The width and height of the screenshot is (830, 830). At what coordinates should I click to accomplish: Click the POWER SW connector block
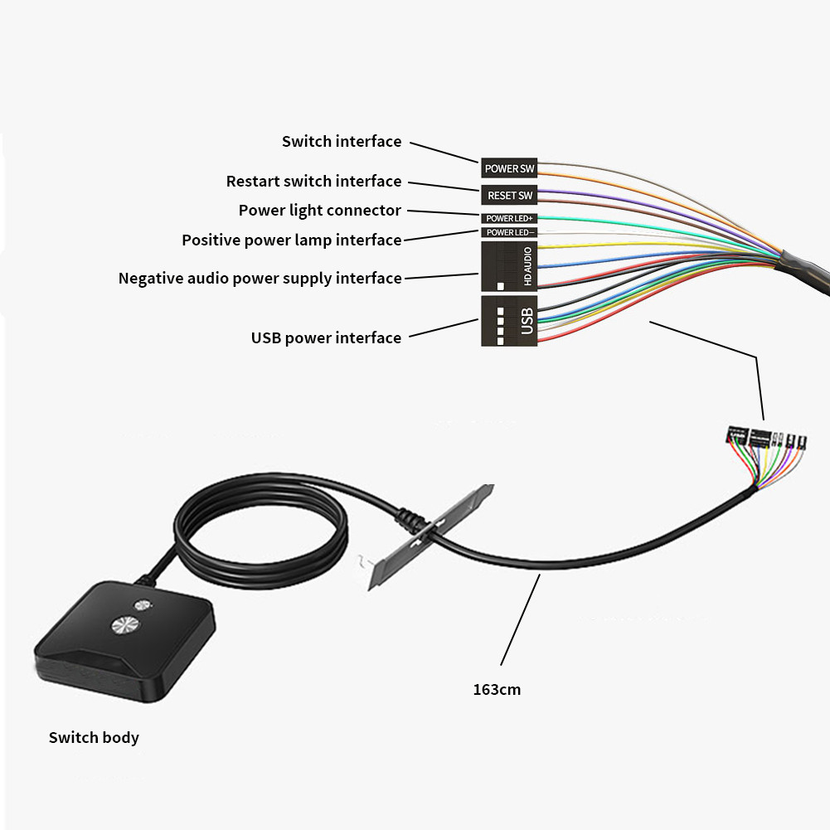[509, 168]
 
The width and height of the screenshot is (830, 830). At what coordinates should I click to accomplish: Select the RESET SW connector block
[509, 196]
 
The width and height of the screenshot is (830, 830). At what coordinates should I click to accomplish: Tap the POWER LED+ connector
[509, 218]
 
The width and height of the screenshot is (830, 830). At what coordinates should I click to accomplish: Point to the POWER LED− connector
[509, 232]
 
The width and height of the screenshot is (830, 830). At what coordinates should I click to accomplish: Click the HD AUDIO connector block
[509, 265]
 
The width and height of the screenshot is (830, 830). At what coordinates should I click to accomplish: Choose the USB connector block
[509, 320]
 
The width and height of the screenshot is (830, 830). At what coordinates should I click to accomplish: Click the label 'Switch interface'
[342, 142]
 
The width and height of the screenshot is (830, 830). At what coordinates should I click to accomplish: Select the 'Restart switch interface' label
[313, 182]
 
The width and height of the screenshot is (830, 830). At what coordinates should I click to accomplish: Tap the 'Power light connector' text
[319, 211]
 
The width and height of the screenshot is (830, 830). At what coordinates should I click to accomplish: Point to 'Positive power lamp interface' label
[292, 240]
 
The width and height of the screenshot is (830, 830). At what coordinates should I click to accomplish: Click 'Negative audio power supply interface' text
[260, 279]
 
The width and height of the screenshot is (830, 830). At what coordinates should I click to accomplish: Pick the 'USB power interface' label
[326, 338]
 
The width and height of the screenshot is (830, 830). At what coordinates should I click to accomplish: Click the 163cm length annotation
[497, 689]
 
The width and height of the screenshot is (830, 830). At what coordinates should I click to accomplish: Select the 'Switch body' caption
[94, 738]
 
